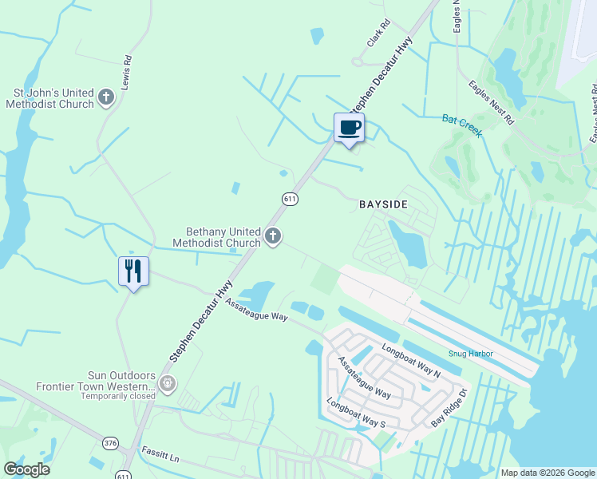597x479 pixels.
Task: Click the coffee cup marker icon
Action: coord(349,128)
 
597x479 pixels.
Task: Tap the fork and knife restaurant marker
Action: coord(133,271)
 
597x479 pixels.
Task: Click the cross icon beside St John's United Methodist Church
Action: coord(107,98)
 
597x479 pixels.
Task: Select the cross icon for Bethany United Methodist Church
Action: coord(273,236)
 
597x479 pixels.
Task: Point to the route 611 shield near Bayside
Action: coord(290,197)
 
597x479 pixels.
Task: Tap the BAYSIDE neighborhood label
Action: coord(383,205)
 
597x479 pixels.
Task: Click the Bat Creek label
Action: coord(462,124)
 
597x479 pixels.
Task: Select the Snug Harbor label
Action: coord(471,354)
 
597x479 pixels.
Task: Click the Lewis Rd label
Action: coord(127,71)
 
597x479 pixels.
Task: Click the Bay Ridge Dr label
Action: coord(452,406)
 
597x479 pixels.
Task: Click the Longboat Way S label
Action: coord(356,412)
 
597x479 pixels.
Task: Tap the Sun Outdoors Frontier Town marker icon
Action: coord(167,384)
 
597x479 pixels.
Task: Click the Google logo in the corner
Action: coord(26,469)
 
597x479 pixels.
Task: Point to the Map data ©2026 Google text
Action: coord(548,473)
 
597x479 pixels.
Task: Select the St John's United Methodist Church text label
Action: coord(50,98)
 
